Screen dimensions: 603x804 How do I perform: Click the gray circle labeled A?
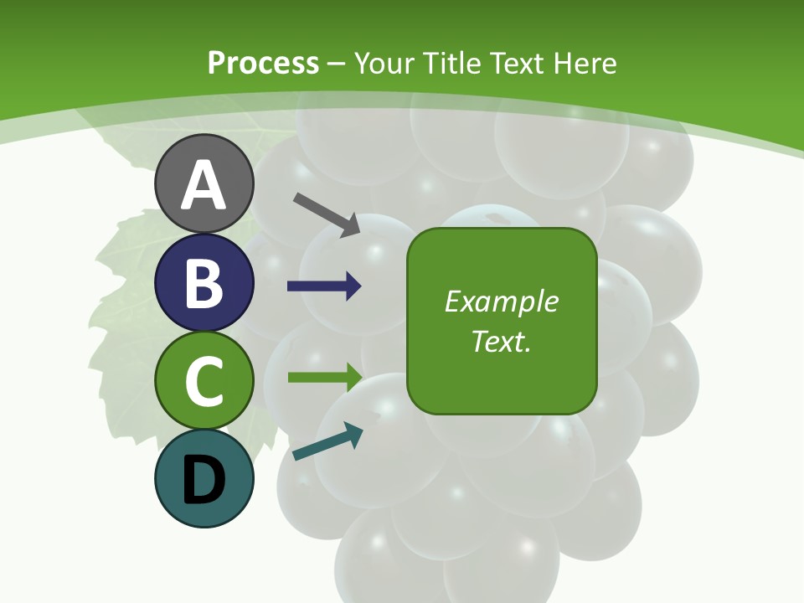(204, 184)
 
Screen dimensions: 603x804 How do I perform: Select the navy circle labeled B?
(204, 282)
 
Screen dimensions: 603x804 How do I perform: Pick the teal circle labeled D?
(204, 478)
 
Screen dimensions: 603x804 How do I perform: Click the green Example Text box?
(502, 321)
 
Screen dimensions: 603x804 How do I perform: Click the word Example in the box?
(502, 301)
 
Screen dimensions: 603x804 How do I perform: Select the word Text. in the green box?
(502, 341)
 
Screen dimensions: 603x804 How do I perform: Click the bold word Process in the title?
(263, 63)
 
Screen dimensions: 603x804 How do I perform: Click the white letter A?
(204, 185)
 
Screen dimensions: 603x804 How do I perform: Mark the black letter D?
(204, 480)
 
